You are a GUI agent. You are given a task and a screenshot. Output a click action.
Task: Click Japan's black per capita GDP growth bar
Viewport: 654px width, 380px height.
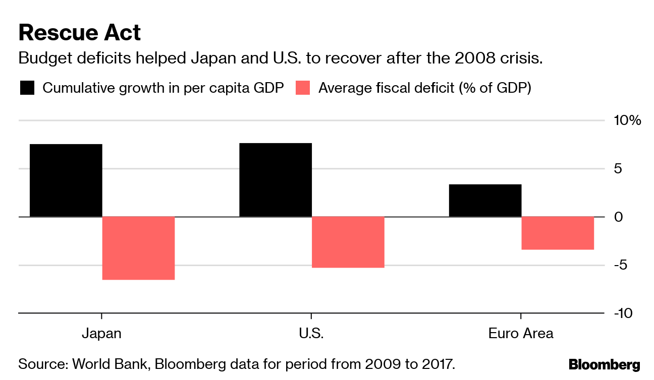[66, 180]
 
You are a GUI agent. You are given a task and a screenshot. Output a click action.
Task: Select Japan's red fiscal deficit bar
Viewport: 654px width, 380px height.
[138, 248]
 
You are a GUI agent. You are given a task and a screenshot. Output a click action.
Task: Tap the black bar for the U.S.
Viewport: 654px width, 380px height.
[276, 180]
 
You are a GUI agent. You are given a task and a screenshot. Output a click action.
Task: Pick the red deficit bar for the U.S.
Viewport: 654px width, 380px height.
[348, 242]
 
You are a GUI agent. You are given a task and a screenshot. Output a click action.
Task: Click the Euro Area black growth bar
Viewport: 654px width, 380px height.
[485, 201]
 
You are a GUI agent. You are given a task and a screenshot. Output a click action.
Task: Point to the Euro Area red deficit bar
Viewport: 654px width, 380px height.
[558, 233]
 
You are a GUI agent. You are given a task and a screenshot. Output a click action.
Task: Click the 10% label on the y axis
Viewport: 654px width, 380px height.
[627, 120]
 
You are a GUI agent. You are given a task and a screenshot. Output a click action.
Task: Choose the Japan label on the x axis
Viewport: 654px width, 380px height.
[101, 334]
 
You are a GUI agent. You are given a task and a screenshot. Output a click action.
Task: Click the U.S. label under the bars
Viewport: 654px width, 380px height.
[311, 334]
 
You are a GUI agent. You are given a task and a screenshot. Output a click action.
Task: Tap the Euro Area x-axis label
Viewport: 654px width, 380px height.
[520, 334]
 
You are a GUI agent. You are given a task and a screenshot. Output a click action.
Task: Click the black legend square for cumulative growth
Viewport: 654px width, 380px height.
[27, 88]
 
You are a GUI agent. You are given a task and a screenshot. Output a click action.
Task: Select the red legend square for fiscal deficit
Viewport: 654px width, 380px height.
[303, 88]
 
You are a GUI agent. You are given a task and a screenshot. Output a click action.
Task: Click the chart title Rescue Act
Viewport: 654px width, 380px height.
[80, 33]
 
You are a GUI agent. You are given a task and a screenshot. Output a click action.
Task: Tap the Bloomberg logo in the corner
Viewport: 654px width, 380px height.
[604, 364]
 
